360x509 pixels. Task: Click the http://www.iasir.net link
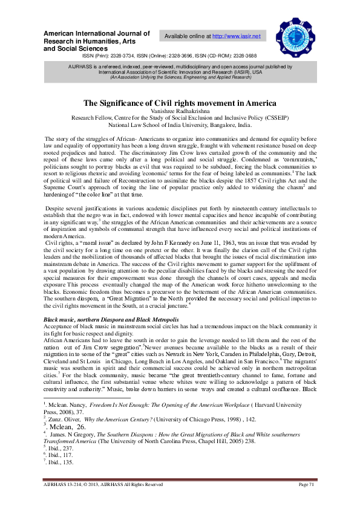click(237, 36)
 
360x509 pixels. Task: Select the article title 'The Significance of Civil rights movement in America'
click(180, 103)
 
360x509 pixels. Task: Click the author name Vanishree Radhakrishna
click(180, 111)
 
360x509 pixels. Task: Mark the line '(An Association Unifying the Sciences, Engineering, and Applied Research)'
click(180, 77)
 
